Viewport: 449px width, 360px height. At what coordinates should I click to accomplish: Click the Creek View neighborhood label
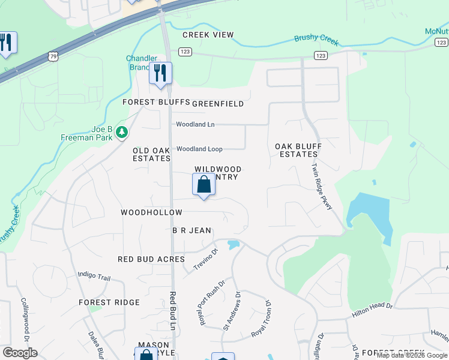click(x=208, y=35)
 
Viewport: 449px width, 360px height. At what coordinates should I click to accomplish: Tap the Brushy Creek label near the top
click(x=316, y=41)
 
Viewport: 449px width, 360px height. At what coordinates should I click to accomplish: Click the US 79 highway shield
click(x=54, y=56)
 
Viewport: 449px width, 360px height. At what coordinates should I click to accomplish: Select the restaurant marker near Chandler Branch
click(x=160, y=73)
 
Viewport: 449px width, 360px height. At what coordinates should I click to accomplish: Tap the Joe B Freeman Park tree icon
click(x=122, y=131)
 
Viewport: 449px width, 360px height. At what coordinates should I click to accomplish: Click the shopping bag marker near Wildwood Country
click(x=204, y=185)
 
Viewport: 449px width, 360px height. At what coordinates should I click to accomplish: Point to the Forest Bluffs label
click(x=156, y=103)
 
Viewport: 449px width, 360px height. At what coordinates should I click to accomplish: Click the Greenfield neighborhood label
click(x=218, y=104)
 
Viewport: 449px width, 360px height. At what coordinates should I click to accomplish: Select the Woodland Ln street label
click(x=195, y=124)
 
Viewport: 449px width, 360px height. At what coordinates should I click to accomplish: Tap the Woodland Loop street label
click(x=199, y=149)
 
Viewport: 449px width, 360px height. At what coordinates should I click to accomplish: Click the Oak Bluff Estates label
click(x=298, y=150)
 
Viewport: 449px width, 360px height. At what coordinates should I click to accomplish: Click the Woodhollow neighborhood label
click(x=151, y=212)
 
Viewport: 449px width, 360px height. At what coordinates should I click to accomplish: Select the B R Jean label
click(x=192, y=230)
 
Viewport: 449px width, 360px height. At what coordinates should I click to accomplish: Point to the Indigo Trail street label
click(x=94, y=276)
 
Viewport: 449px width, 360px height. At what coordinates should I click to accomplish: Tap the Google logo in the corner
click(x=20, y=353)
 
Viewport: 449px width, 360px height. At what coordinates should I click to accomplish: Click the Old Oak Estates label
click(x=152, y=154)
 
